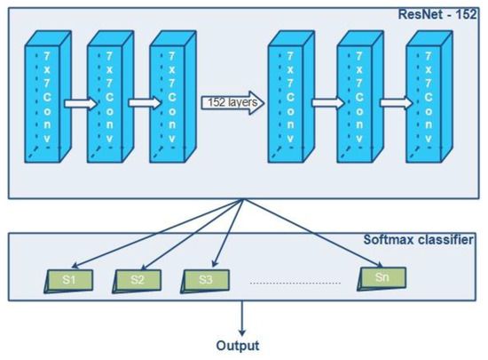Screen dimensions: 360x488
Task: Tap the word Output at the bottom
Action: [x=239, y=345]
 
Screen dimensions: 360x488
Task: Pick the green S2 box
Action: [x=137, y=279]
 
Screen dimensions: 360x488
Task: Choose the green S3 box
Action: [x=205, y=279]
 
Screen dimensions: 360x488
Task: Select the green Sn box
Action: [x=382, y=276]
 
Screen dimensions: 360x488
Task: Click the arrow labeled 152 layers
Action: [x=232, y=101]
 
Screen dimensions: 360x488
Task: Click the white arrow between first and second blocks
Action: [x=77, y=103]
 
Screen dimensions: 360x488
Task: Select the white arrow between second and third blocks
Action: [x=139, y=103]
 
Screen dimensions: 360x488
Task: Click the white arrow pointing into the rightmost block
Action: [x=394, y=103]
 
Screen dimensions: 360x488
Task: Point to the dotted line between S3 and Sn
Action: [x=295, y=283]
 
